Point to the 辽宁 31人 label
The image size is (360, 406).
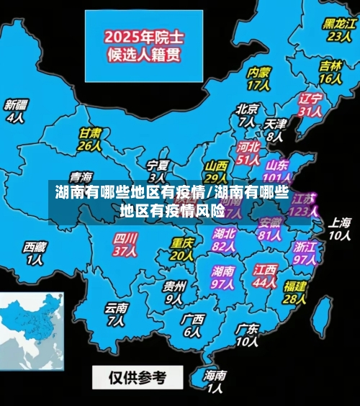(x=310, y=104)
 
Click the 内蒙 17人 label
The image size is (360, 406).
(x=258, y=78)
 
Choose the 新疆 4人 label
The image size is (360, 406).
(x=15, y=111)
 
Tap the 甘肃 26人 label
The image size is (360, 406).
(x=89, y=139)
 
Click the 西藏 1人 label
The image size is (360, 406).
(x=35, y=253)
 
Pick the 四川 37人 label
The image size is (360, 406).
(x=125, y=244)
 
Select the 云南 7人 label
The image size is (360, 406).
(x=117, y=314)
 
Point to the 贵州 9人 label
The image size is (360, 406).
(x=174, y=292)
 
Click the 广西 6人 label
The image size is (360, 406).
(x=192, y=325)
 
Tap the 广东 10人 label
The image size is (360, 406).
(x=247, y=335)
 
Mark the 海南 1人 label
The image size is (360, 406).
(x=215, y=382)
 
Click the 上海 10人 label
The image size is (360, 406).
(x=340, y=228)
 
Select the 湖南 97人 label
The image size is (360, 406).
(x=223, y=277)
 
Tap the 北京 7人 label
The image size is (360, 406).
(x=246, y=115)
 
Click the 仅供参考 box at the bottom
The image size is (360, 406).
(x=138, y=376)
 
